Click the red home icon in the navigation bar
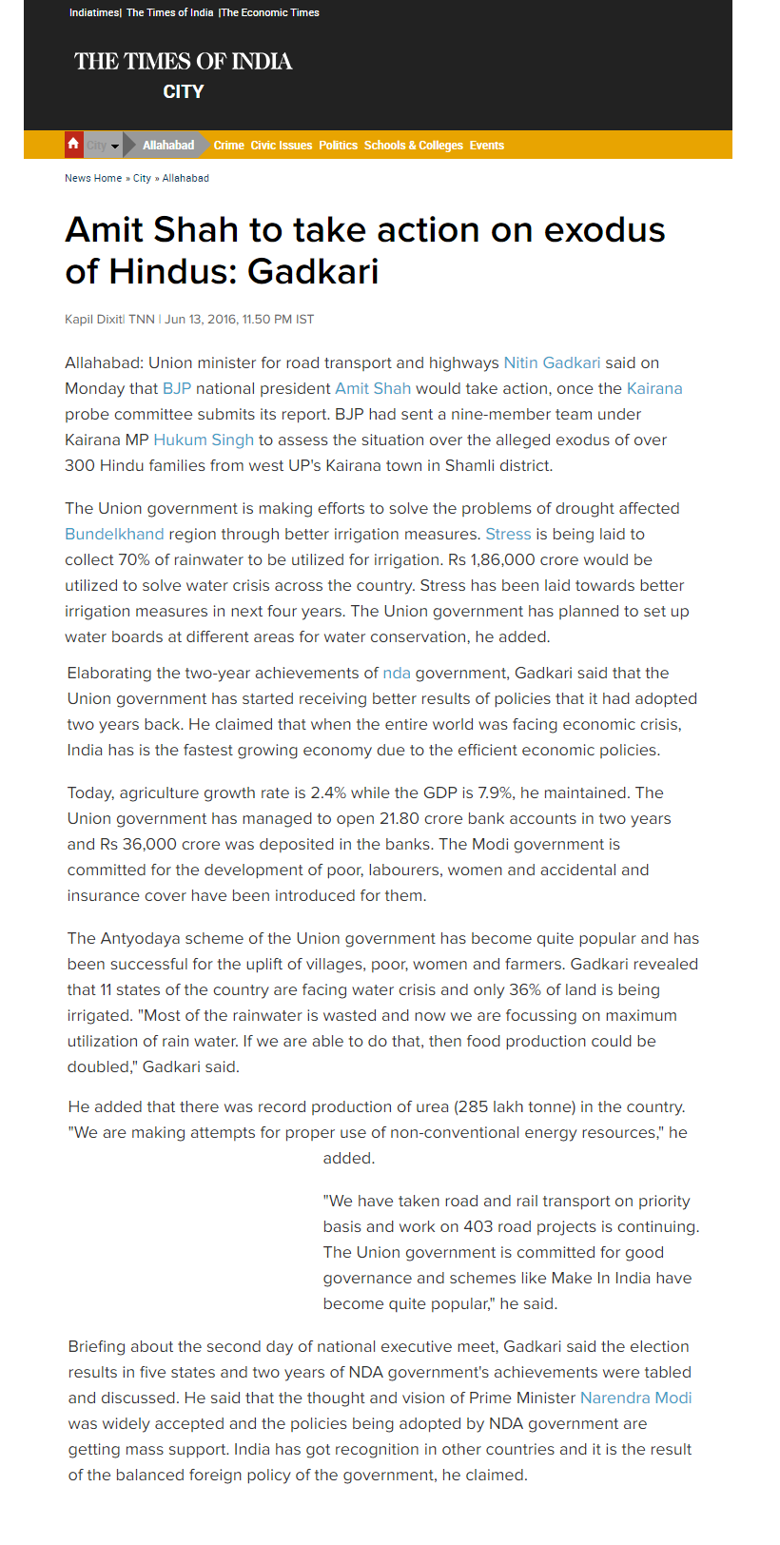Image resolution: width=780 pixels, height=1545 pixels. (73, 145)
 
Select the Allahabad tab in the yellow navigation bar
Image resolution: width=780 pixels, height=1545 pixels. (167, 146)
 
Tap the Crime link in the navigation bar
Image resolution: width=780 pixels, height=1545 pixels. (228, 146)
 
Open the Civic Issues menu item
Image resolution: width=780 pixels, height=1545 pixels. (281, 146)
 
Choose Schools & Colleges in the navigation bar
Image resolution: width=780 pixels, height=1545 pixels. (413, 146)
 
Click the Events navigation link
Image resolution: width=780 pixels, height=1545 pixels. (486, 146)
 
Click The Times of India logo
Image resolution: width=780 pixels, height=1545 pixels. (184, 62)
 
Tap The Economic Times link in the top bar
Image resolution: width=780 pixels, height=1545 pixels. (271, 12)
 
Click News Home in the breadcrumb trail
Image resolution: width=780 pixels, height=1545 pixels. (93, 178)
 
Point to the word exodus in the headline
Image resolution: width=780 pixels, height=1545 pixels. (604, 230)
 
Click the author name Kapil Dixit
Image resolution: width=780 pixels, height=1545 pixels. (93, 320)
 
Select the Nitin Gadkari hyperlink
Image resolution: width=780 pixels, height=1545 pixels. (552, 363)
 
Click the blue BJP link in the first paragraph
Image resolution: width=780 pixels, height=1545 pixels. (177, 389)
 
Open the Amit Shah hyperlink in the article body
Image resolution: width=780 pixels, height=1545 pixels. (373, 389)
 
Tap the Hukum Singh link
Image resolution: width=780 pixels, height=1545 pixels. (204, 440)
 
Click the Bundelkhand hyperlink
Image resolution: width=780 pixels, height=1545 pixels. (114, 535)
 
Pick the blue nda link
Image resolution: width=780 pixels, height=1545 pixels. (397, 674)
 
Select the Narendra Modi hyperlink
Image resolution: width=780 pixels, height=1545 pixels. (635, 1398)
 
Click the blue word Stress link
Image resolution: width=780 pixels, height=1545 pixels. (508, 535)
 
